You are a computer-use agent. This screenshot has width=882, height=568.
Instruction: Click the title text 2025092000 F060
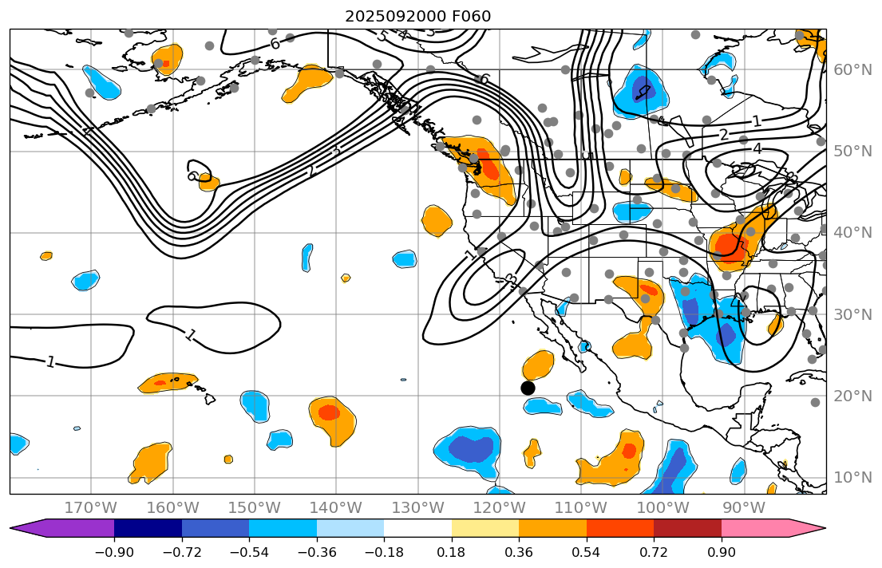point(417,16)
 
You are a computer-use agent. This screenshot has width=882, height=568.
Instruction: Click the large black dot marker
point(528,388)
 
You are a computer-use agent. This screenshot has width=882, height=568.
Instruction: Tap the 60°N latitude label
point(852,69)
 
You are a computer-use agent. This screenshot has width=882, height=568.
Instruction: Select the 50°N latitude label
point(852,152)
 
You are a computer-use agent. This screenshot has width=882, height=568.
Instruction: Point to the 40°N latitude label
point(852,233)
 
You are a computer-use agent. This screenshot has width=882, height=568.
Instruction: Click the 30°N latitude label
point(852,314)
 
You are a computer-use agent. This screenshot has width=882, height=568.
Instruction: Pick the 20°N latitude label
point(852,396)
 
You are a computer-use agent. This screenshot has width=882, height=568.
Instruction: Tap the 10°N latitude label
point(852,477)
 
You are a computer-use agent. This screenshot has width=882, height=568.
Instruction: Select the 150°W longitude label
point(254,507)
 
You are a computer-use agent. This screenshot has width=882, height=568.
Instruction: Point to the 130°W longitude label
point(417,507)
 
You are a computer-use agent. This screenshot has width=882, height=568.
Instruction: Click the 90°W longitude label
point(744,507)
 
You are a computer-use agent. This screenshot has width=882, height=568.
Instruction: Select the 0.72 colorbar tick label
point(654,553)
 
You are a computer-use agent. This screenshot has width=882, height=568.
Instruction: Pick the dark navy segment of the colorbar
point(148,528)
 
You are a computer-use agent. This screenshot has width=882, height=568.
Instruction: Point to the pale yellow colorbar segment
point(485,528)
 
